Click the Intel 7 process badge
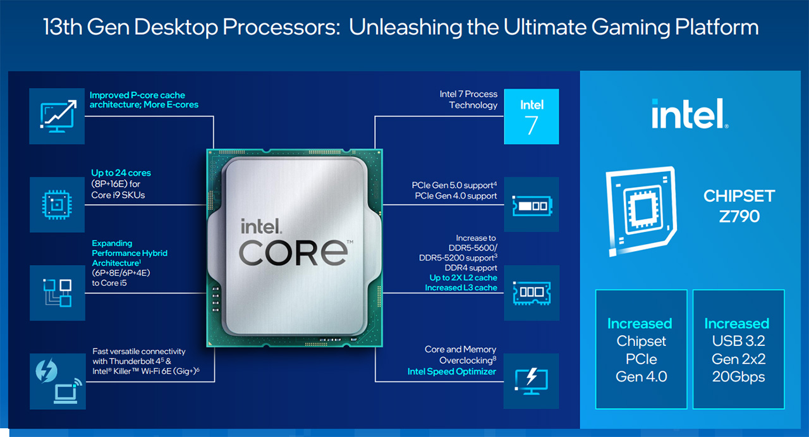[x=532, y=116]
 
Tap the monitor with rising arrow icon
[x=57, y=116]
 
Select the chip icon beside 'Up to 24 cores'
[x=57, y=204]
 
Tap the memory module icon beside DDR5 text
[x=532, y=292]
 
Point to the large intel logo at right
[x=689, y=114]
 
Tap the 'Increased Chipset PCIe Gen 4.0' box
[x=641, y=349]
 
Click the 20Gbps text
[x=738, y=377]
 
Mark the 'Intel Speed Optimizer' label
[x=452, y=371]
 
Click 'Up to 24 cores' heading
[x=121, y=173]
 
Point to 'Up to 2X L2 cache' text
[x=463, y=278]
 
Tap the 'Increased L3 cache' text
[x=461, y=288]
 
